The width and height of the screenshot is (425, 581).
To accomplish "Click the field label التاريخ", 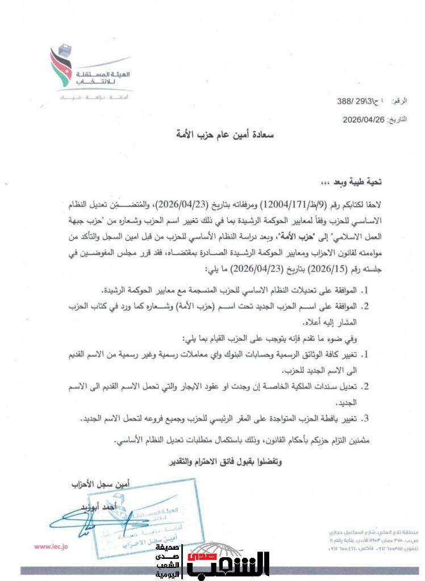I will (399, 120).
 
